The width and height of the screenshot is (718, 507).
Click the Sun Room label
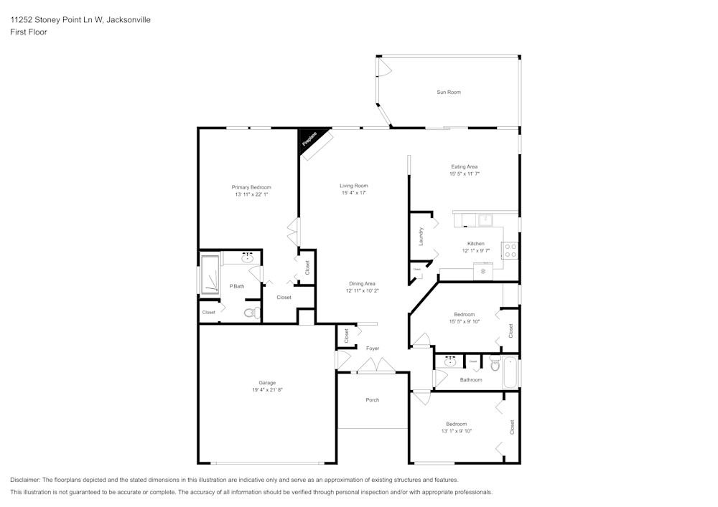[x=449, y=93]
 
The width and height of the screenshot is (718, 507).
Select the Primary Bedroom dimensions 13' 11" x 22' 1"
[x=252, y=195]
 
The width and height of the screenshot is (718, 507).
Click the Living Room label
[x=354, y=186]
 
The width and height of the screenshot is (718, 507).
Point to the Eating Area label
[x=463, y=166]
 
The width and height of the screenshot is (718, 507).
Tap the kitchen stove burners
[x=510, y=250]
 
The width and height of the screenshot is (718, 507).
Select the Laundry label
[x=421, y=236]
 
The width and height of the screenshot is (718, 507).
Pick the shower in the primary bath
[x=210, y=275]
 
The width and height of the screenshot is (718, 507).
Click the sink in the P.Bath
[x=247, y=258]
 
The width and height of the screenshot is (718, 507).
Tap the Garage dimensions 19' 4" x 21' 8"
[x=267, y=390]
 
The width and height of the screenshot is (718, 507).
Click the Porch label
[x=372, y=400]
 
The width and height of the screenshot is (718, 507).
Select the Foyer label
[x=373, y=349]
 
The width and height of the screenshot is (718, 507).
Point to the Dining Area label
[x=362, y=283]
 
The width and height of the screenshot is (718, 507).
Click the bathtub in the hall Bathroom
[x=510, y=372]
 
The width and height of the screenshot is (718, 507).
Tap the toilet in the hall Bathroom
[x=495, y=365]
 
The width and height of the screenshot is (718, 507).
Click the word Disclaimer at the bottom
[x=25, y=480]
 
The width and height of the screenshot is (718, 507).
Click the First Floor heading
[x=29, y=32]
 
